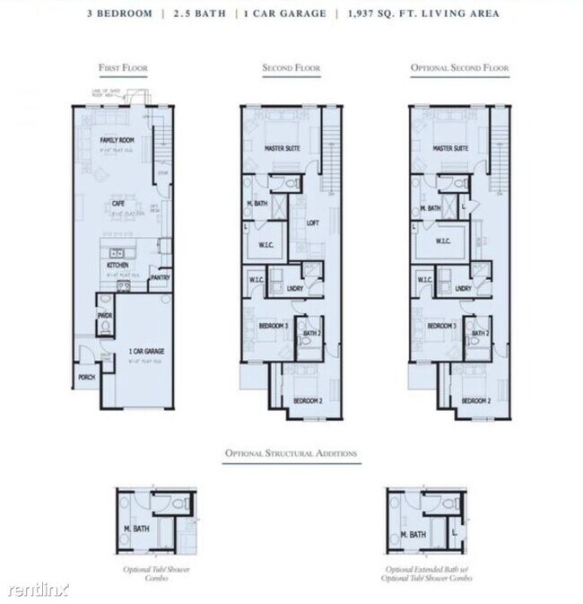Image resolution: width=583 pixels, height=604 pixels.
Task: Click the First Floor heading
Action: tap(123, 67)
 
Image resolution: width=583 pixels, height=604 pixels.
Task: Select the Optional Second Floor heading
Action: tap(458, 67)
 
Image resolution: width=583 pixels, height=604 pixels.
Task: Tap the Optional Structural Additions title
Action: tap(291, 454)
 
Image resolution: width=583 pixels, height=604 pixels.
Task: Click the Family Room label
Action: tap(117, 140)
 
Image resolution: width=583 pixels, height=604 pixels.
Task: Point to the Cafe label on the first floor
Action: tap(117, 203)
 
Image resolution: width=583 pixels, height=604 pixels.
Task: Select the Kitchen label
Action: tap(117, 267)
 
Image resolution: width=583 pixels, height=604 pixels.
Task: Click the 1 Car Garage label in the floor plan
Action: tap(145, 351)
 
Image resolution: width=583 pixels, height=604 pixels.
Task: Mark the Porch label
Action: tap(87, 378)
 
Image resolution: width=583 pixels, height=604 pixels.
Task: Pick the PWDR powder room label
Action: tap(104, 316)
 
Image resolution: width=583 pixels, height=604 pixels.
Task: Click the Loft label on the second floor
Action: tap(313, 223)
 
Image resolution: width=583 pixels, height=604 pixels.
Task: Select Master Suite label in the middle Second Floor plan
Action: tap(282, 148)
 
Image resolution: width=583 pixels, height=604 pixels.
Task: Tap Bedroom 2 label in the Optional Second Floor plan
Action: tap(475, 399)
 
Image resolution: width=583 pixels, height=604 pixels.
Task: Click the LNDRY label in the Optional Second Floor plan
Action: tap(463, 288)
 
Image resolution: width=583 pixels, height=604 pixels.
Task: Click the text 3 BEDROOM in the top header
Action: tap(118, 14)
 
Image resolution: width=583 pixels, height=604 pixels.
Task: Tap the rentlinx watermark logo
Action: tap(38, 590)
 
